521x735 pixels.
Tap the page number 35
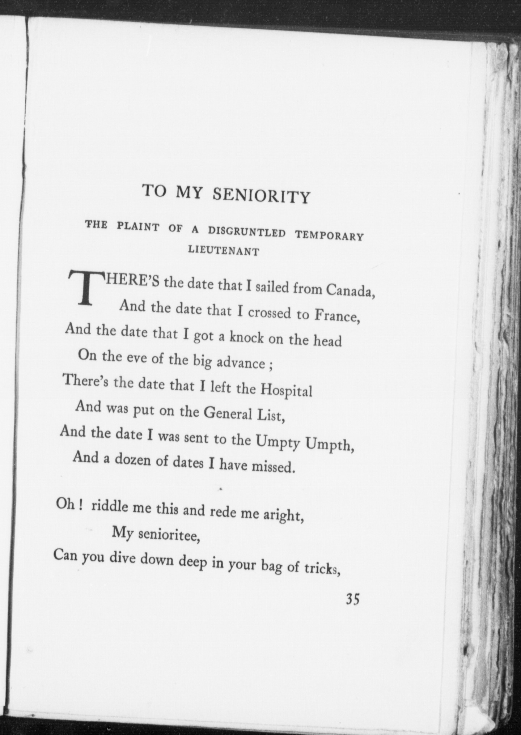[x=352, y=599]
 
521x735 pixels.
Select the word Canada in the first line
[x=350, y=291]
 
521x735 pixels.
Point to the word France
[x=336, y=316]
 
